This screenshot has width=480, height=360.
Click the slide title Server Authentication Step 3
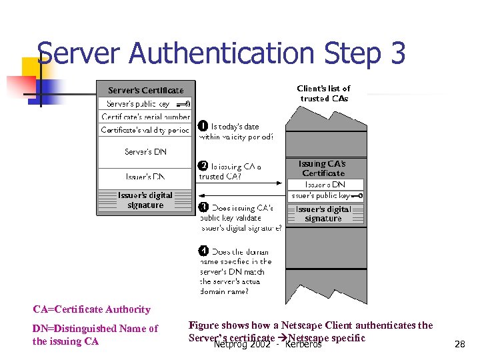coord(221,53)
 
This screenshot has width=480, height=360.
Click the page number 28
coord(459,344)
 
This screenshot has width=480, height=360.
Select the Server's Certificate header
coord(145,90)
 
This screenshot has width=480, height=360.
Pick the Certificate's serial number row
coord(145,117)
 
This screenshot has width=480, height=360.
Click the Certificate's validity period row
coord(145,130)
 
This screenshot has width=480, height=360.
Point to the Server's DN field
coord(145,152)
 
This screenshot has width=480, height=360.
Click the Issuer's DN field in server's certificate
coord(145,177)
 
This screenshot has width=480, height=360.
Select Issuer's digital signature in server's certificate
coord(145,200)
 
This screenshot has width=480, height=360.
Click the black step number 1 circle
coord(203,126)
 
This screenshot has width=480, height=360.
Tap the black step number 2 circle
coord(203,166)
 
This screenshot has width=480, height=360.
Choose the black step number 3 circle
coord(203,207)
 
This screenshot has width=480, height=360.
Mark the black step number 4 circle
coord(203,251)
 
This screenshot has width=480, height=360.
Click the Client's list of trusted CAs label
coord(323,93)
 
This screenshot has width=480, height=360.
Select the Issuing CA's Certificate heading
coord(323,168)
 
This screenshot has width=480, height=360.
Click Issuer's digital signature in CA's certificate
coord(323,213)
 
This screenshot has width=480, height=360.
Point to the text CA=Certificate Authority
coord(92,309)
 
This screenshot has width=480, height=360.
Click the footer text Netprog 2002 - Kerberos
coord(267,344)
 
